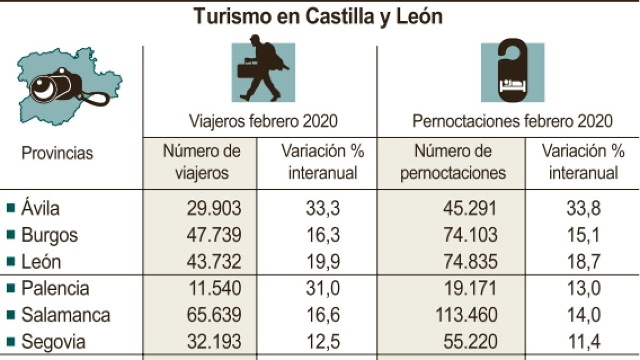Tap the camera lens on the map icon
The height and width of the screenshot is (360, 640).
coord(43,89)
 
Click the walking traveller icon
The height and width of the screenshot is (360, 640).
coord(262,69)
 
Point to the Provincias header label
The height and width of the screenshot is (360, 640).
coord(57,154)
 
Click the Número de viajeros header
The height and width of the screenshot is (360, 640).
coord(202,162)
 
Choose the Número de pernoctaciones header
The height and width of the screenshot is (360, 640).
coord(452,162)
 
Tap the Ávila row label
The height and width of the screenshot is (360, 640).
coord(41,208)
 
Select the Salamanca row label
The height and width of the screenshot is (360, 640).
coord(66,315)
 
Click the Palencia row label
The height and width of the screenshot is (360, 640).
coord(55,288)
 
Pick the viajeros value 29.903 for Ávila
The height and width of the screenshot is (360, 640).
coord(214,209)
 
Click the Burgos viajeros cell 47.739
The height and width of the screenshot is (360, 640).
coord(214,235)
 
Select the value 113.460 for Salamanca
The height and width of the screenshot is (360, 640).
coord(463,315)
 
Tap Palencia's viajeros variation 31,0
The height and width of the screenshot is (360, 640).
coord(322,288)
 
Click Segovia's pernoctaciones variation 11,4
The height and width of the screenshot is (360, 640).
coord(583,341)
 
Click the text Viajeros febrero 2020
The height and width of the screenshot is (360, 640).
coord(264,122)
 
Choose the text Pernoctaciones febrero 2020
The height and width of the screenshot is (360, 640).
coord(512,122)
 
